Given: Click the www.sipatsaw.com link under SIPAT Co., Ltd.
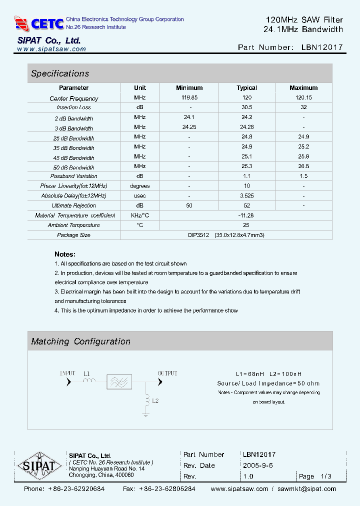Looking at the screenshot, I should click(x=51, y=49).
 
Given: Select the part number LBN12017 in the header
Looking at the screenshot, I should click(x=322, y=47).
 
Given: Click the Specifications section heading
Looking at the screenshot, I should click(x=60, y=73).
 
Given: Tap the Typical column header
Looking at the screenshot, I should click(x=246, y=88).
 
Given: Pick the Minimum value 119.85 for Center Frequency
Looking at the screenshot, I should click(x=189, y=98).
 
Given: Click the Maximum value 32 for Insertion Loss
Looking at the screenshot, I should click(x=303, y=107).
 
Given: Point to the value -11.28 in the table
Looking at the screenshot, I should click(x=246, y=215).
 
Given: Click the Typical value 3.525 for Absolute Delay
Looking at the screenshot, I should click(x=246, y=196).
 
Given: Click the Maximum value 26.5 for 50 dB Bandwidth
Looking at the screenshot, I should click(x=303, y=166).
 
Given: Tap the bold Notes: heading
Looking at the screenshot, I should click(x=65, y=254).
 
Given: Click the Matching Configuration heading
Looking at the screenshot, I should click(x=80, y=341).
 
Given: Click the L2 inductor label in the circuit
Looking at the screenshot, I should click(x=155, y=400).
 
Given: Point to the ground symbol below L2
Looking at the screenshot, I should click(x=145, y=414).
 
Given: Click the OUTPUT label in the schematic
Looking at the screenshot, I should click(x=167, y=373).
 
